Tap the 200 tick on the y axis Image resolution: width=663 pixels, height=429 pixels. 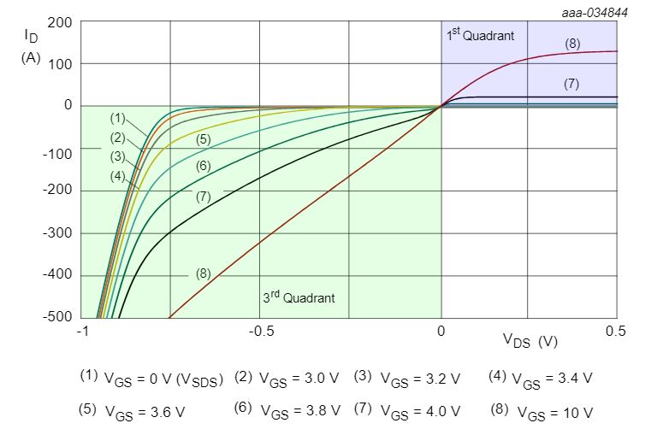pos(59,21)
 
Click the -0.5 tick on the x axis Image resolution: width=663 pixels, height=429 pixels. pos(260,332)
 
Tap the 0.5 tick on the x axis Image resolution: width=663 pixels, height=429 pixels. pos(616,332)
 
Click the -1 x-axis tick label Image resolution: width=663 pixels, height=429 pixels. pos(83,332)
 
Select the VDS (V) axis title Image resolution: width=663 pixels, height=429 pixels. pos(530,341)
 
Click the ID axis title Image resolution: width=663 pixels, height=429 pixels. pos(32,37)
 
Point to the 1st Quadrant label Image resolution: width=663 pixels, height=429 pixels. pos(479,36)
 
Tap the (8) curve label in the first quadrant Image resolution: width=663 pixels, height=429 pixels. pos(573,44)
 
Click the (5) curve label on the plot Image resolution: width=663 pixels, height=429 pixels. pos(203,138)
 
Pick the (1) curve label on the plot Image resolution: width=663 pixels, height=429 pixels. pos(117,117)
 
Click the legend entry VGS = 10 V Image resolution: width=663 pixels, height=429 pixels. pos(542,411)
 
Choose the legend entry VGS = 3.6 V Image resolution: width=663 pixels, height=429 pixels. pos(132,411)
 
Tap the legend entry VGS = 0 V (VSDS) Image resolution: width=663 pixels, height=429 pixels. pos(151,378)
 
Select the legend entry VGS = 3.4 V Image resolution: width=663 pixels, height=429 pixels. pos(541,378)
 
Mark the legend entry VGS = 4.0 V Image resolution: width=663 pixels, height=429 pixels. pos(407,411)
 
